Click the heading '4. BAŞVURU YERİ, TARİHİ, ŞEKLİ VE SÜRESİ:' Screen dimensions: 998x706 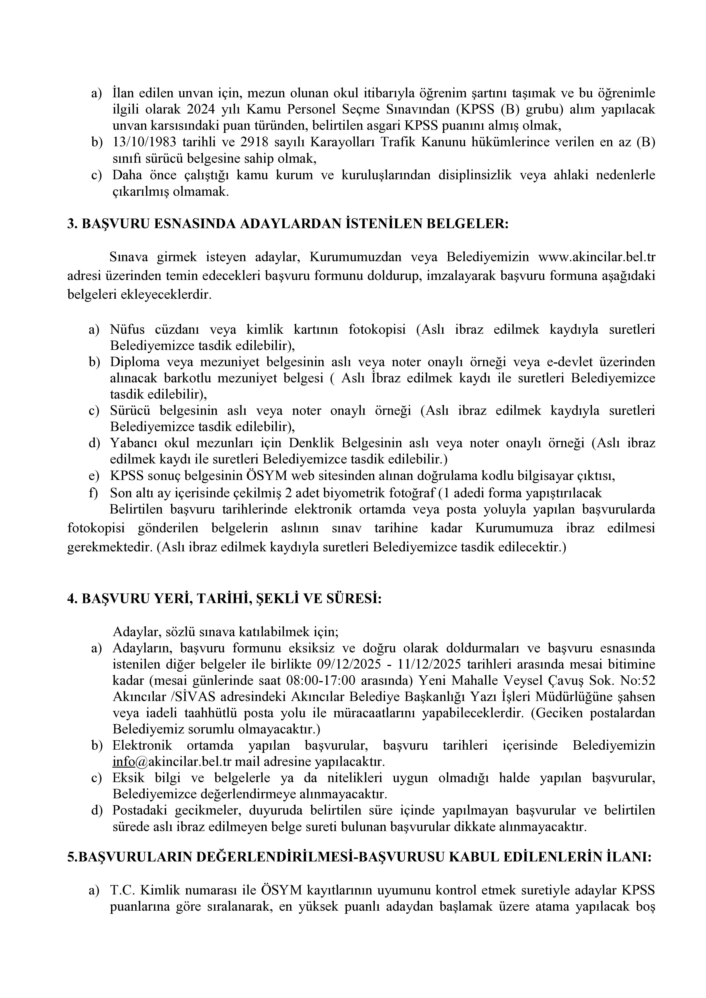224,599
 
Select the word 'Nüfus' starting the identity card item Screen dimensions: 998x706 128,329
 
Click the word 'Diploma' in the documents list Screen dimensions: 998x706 134,362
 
